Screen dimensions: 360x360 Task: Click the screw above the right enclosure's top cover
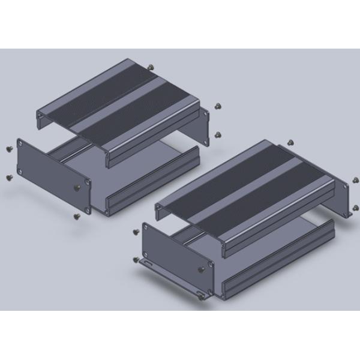coord(290,142)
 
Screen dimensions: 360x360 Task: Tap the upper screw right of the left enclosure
coord(218,106)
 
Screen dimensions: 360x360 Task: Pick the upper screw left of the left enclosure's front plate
coord(8,148)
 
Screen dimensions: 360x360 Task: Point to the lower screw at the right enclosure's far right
coord(356,208)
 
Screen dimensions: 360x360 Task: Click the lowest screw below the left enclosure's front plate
coord(76,214)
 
